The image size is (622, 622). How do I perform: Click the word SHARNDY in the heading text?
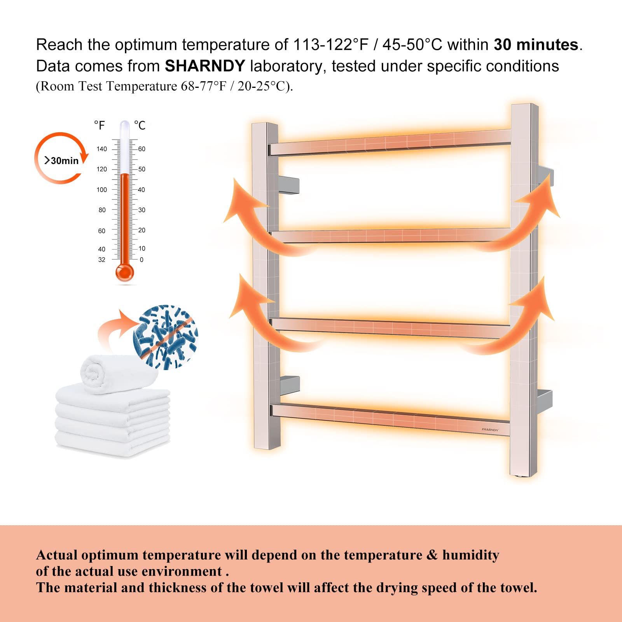[205, 66]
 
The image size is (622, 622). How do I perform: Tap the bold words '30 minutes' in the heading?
[536, 45]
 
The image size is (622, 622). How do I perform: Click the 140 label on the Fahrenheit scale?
[102, 149]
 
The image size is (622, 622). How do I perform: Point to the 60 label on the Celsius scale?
[142, 149]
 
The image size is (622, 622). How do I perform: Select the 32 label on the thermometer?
[102, 260]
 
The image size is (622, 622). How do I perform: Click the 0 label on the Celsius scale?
[142, 260]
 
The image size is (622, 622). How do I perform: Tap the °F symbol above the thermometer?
[100, 125]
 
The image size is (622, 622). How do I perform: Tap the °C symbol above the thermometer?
[140, 125]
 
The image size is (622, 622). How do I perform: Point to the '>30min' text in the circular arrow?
[61, 161]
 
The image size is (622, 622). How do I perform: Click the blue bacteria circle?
[166, 337]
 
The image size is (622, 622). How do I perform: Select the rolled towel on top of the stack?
[119, 373]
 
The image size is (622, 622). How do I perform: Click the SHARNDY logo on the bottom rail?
[490, 430]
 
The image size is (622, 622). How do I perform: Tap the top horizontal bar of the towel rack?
[390, 142]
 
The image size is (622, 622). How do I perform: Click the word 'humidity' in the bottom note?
[471, 555]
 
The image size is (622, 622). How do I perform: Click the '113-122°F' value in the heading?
[331, 45]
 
